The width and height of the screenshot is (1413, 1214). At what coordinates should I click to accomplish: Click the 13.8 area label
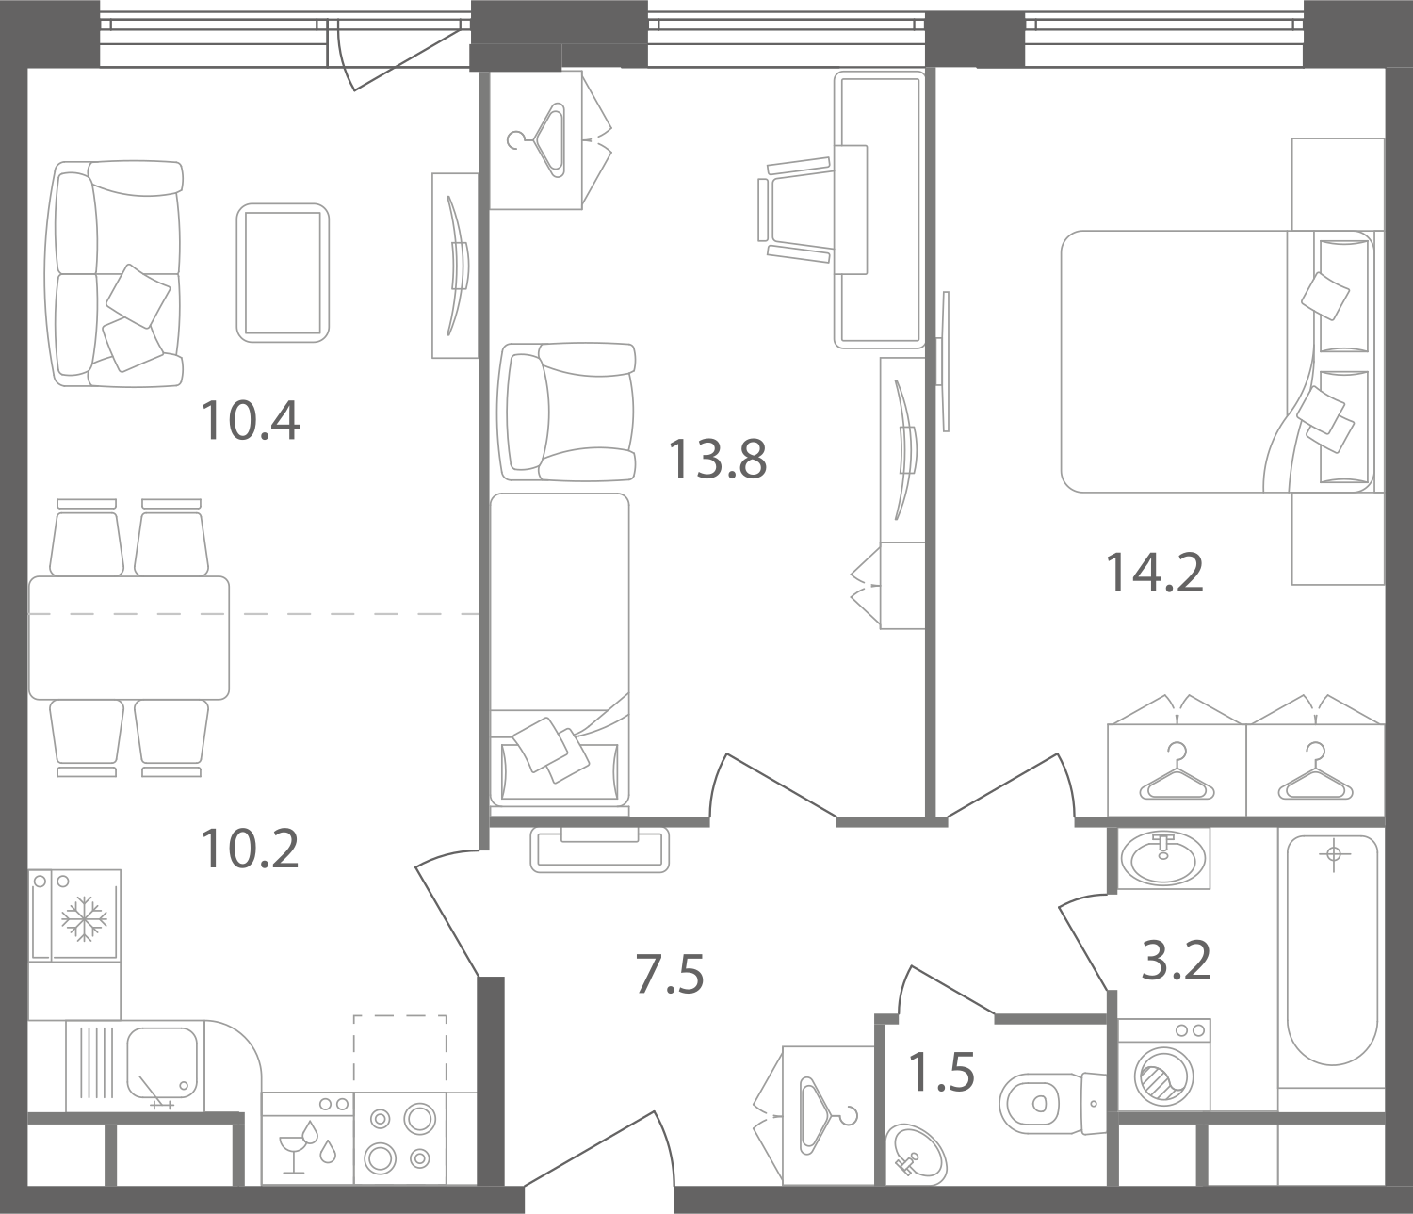[x=717, y=460]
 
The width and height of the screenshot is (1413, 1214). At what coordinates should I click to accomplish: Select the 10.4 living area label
[x=251, y=421]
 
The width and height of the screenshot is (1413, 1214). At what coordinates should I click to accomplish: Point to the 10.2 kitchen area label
[x=251, y=849]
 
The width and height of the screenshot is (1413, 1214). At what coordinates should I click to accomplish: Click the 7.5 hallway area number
[x=670, y=975]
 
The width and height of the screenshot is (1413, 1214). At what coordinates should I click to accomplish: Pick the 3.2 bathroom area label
[x=1177, y=961]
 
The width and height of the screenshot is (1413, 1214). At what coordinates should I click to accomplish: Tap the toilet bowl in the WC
[x=1040, y=1103]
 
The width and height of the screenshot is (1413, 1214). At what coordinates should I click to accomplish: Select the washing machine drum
[x=1163, y=1077]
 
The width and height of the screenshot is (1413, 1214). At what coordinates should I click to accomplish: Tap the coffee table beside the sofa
[x=283, y=273]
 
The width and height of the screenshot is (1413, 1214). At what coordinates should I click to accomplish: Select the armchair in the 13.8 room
[x=566, y=412]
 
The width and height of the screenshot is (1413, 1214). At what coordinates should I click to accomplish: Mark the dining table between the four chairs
[x=128, y=638]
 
